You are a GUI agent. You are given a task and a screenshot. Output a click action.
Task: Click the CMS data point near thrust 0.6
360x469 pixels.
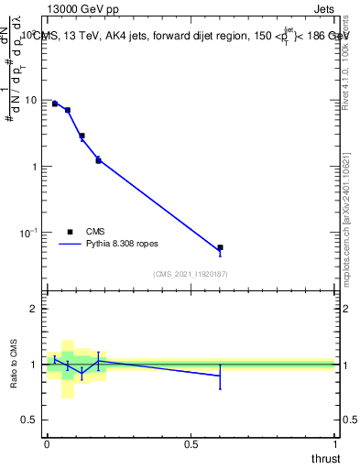[x=220, y=247]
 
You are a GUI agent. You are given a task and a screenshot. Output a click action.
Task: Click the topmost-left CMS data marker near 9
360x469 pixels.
[x=55, y=104]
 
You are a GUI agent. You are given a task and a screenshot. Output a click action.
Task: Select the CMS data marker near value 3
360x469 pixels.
[x=82, y=136]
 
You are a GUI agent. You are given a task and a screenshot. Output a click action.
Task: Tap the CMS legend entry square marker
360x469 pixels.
[x=69, y=232]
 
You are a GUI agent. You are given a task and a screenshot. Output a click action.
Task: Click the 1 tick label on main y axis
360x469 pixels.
[x=37, y=167]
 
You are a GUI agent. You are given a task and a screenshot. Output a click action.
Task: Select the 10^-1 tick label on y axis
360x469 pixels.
[x=31, y=233]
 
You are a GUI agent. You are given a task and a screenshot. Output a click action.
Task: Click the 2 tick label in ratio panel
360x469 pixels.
[x=36, y=309]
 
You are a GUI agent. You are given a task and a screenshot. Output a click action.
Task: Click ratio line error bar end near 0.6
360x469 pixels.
[x=220, y=389]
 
